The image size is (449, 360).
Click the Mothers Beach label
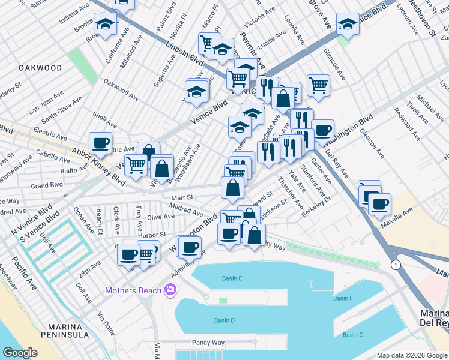133,291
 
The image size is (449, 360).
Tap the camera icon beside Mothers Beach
170,290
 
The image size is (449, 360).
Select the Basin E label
232,278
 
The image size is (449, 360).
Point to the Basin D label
224,320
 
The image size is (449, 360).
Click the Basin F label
343,298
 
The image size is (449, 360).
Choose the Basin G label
352,335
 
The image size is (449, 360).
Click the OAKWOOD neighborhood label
40,68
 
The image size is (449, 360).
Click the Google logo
20,353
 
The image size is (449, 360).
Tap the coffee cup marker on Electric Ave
100,143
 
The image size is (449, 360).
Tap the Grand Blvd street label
47,185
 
